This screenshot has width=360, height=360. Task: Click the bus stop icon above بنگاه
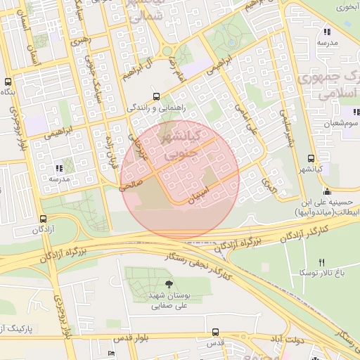point(8,82)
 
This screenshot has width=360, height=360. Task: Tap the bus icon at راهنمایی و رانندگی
point(156,97)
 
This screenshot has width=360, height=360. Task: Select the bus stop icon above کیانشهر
point(311,159)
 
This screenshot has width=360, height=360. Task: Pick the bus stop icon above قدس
point(214,332)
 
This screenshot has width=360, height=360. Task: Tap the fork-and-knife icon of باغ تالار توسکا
point(322,262)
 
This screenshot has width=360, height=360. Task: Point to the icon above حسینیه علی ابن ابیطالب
point(326,191)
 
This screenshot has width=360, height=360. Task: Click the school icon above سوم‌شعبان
point(356,112)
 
